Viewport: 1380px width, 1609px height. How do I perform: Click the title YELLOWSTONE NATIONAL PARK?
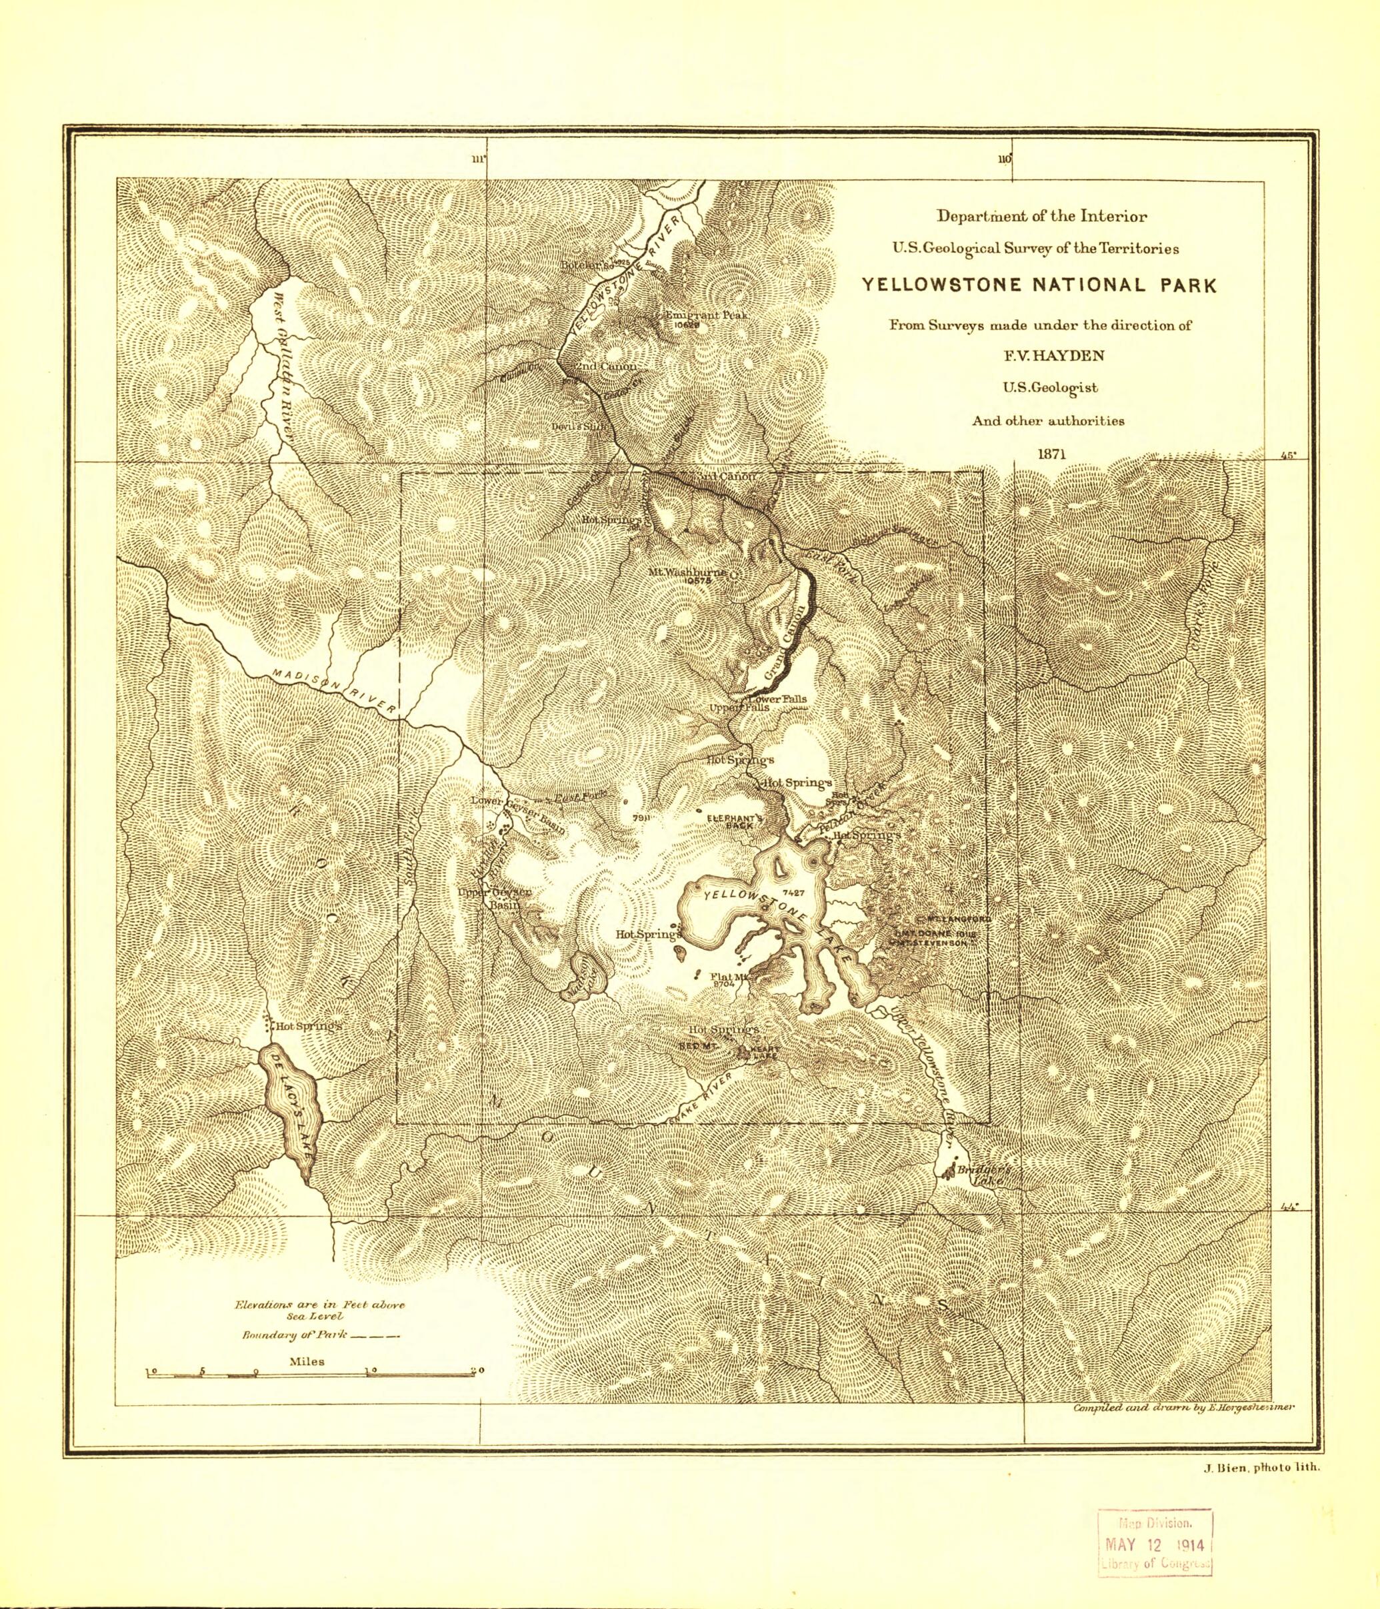pos(1039,285)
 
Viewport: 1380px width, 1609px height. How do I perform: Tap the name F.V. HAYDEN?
pos(1039,356)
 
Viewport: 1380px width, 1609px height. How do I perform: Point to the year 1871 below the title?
pos(1039,453)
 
